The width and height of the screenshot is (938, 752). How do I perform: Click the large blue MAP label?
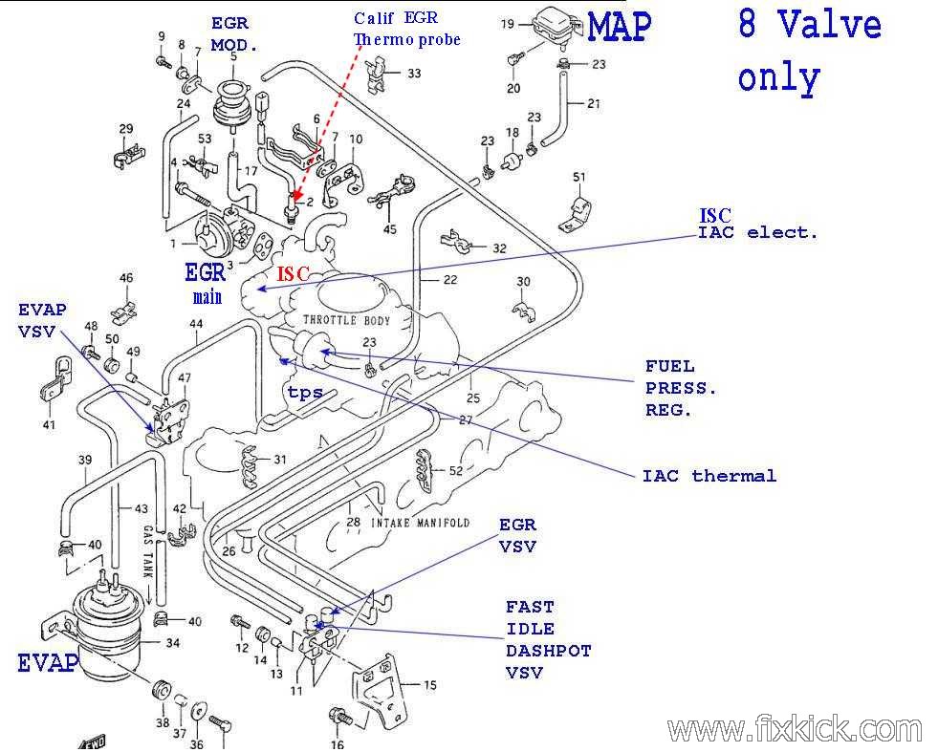click(619, 27)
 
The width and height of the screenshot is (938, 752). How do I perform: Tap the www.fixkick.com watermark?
click(796, 730)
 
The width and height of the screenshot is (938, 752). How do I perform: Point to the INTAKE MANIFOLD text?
click(420, 523)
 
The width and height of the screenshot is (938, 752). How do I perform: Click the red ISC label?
click(294, 274)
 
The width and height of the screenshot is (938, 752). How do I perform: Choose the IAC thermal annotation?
click(709, 475)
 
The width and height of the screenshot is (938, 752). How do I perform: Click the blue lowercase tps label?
click(305, 393)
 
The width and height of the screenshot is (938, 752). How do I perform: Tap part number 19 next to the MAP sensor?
click(507, 24)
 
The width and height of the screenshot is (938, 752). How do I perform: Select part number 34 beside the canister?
click(172, 643)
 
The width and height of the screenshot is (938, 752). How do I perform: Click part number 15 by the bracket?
click(429, 685)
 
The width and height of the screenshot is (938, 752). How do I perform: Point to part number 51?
click(578, 177)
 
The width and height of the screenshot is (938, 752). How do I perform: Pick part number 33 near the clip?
click(413, 73)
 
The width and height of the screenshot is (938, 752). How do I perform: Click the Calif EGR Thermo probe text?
click(406, 29)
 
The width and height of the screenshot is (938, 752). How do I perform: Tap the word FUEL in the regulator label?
click(669, 366)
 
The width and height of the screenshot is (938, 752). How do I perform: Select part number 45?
click(389, 229)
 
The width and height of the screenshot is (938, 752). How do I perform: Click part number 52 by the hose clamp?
click(455, 470)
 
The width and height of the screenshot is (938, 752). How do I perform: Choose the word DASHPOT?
click(548, 651)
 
